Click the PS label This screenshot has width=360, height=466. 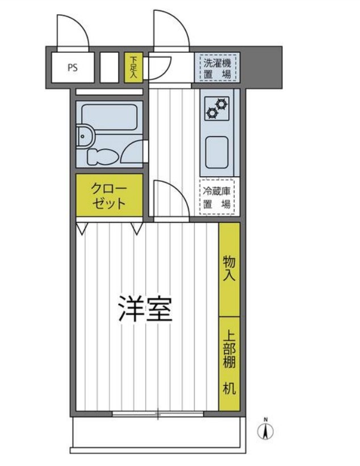[73, 68]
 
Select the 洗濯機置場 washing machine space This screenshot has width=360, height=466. [217, 66]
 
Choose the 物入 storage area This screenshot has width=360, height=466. [229, 269]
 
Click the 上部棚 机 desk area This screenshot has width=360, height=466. [229, 364]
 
